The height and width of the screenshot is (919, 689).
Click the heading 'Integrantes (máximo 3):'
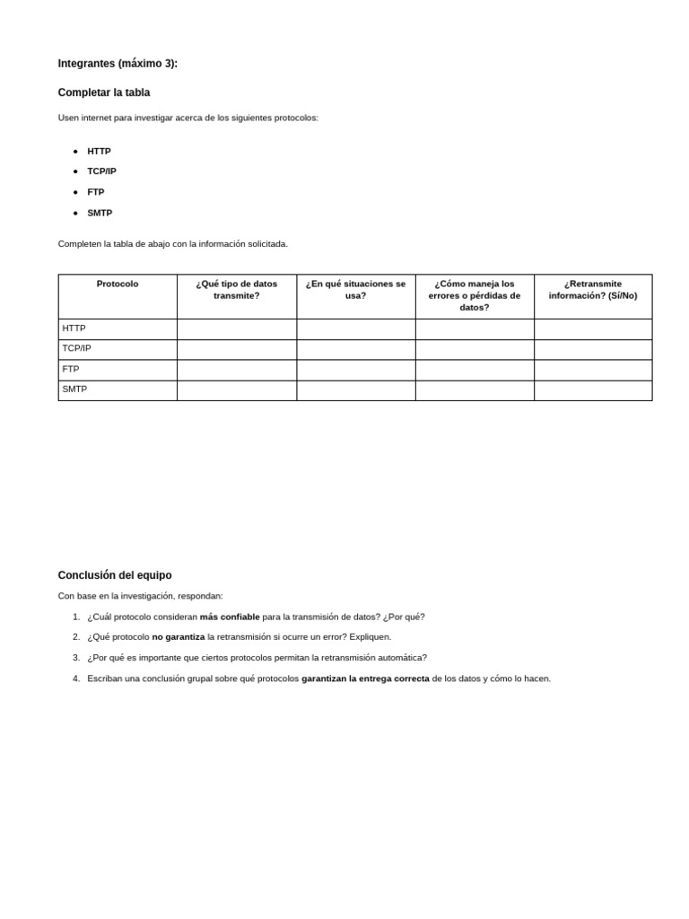[118, 64]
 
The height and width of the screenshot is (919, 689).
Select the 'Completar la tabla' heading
[104, 92]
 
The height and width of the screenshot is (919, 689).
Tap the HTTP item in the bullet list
[99, 152]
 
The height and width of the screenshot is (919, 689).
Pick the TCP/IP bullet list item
[101, 171]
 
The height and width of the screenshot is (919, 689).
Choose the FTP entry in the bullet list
[95, 192]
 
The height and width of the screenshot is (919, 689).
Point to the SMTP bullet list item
[100, 213]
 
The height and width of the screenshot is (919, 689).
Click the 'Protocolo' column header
[118, 284]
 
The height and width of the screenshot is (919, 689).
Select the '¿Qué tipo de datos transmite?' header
[237, 289]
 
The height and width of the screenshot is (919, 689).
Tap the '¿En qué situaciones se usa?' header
[355, 289]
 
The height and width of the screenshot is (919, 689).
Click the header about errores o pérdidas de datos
[475, 295]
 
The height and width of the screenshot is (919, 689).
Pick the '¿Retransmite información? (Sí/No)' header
[593, 289]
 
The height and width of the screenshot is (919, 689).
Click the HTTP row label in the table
[74, 328]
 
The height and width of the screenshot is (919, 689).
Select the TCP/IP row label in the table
[77, 348]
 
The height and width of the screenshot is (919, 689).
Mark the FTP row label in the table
[71, 369]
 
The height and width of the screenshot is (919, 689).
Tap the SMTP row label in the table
[74, 389]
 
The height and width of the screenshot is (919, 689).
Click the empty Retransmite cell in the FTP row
[593, 370]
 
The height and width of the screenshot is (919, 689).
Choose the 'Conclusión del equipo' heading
[115, 575]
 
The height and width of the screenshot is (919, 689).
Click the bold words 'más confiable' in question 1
[230, 617]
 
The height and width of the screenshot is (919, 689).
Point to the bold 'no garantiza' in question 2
[179, 636]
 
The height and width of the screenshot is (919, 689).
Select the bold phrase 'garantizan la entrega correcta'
[365, 678]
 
